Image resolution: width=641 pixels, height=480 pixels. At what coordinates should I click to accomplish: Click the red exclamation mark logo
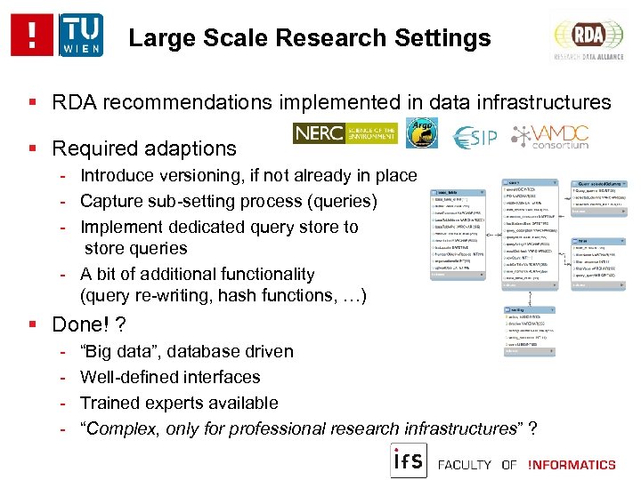click(x=31, y=36)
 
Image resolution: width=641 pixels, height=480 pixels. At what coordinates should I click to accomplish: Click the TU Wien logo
click(x=80, y=36)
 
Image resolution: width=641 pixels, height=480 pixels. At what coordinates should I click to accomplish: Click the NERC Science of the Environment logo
click(x=345, y=133)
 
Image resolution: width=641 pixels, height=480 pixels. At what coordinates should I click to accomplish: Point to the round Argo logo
click(x=422, y=133)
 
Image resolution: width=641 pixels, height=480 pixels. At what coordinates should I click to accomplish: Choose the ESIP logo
click(x=475, y=137)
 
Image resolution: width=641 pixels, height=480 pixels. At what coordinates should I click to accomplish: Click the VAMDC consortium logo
click(x=550, y=135)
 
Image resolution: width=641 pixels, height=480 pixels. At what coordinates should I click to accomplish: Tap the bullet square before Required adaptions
click(x=32, y=148)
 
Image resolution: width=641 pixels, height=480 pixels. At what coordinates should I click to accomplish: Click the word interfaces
click(x=223, y=378)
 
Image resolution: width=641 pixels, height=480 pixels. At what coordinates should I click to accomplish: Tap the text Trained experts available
click(x=179, y=403)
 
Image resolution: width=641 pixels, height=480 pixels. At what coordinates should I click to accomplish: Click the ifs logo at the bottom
click(x=410, y=460)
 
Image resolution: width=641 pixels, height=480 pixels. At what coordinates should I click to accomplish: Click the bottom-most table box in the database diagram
click(x=529, y=332)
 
